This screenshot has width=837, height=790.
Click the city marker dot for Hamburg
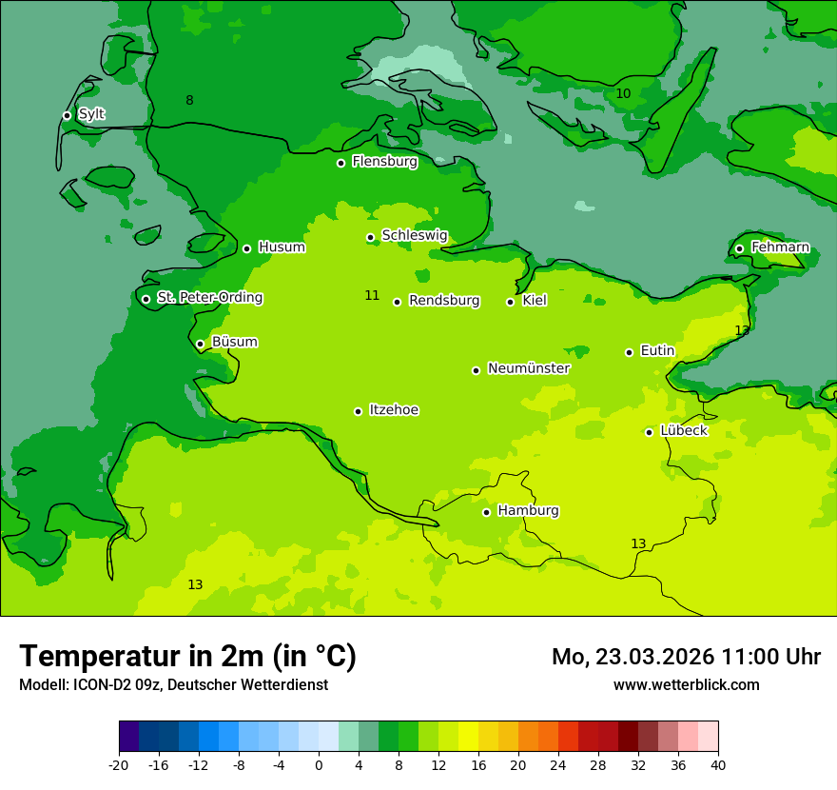(486, 512)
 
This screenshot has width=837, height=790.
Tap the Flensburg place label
(384, 162)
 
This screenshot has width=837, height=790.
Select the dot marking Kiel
(510, 302)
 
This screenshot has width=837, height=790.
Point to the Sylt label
(91, 114)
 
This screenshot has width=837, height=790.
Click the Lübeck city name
(683, 431)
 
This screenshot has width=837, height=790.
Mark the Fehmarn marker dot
(739, 248)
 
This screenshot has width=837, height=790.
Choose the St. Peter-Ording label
(209, 298)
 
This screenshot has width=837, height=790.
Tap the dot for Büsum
(200, 344)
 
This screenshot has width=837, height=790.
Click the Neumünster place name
(529, 368)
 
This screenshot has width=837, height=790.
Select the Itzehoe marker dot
(358, 411)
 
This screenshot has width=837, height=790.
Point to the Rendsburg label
(444, 301)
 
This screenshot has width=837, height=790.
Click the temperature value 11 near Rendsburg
(372, 296)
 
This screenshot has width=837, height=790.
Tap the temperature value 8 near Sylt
(189, 101)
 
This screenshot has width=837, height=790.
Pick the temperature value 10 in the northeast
(623, 93)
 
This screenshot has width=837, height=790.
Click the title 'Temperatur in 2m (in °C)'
(187, 657)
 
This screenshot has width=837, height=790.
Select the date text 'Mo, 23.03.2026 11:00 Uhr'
(686, 657)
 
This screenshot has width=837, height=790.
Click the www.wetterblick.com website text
(686, 685)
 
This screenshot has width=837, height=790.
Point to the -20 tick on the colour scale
(119, 764)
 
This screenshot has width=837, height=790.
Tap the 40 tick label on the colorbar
(718, 764)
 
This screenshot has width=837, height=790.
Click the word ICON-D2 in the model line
(99, 685)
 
